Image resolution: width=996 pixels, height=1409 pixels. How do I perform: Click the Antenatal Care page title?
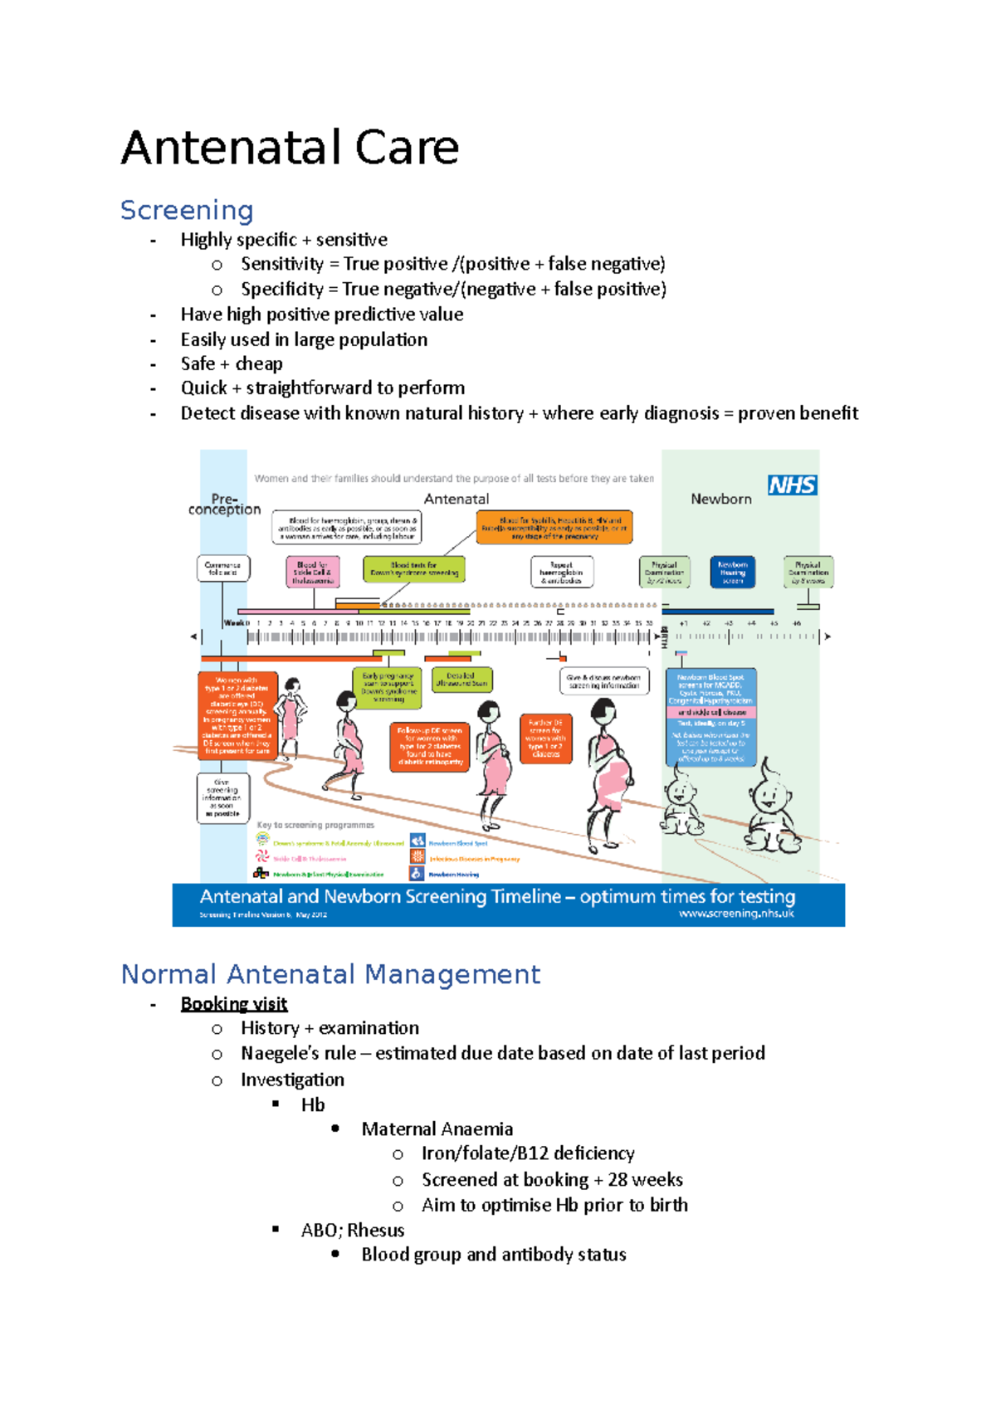290,149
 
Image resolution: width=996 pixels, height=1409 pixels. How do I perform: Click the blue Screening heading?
187,211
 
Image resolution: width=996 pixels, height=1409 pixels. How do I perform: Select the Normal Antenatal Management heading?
330,974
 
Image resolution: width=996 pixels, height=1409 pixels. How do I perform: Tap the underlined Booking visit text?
234,1004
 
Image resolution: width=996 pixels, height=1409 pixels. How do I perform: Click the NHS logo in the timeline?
792,485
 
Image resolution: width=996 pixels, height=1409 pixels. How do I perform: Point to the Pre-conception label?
224,504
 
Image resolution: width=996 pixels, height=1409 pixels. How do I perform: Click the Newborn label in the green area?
721,499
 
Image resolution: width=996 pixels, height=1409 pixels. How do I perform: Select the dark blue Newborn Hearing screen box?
732,573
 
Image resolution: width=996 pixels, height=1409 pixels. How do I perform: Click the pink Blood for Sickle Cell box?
312,573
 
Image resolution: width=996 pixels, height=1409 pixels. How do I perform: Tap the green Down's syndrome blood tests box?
414,569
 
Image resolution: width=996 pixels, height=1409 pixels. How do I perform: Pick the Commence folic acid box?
223,568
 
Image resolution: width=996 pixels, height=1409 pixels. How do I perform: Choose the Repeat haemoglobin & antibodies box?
562,572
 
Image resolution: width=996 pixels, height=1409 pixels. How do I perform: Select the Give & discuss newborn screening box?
604,681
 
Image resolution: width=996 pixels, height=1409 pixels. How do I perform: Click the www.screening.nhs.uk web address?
736,914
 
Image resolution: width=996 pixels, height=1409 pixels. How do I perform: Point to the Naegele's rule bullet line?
502,1054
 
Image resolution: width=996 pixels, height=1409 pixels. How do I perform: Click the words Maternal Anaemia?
437,1129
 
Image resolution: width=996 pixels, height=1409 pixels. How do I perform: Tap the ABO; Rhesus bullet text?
353,1231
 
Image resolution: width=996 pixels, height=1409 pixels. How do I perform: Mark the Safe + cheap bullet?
232,364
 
